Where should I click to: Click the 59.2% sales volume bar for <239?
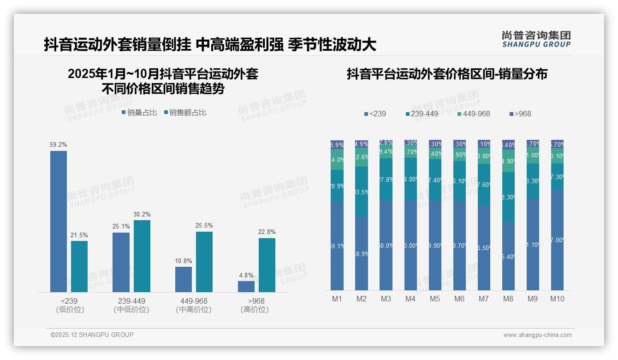coord(59,222)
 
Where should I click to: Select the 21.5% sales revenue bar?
coord(79,266)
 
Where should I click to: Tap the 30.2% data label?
coord(142,215)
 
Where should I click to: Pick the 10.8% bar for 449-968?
coord(184,279)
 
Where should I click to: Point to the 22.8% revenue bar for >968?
coord(267,265)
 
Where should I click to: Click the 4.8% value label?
coord(246,276)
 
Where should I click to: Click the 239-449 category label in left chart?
coord(131,301)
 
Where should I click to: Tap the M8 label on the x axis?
coord(508,299)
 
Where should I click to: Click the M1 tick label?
coord(337,299)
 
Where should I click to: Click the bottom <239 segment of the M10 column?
coord(557,240)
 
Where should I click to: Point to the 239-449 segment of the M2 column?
coord(362,192)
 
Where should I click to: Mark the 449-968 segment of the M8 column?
coord(508,161)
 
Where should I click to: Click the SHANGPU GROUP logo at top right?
coord(536,39)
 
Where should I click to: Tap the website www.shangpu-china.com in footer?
coord(537,335)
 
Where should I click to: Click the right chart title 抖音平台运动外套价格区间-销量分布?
coord(446,74)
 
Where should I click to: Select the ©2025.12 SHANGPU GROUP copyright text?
coord(92,335)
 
